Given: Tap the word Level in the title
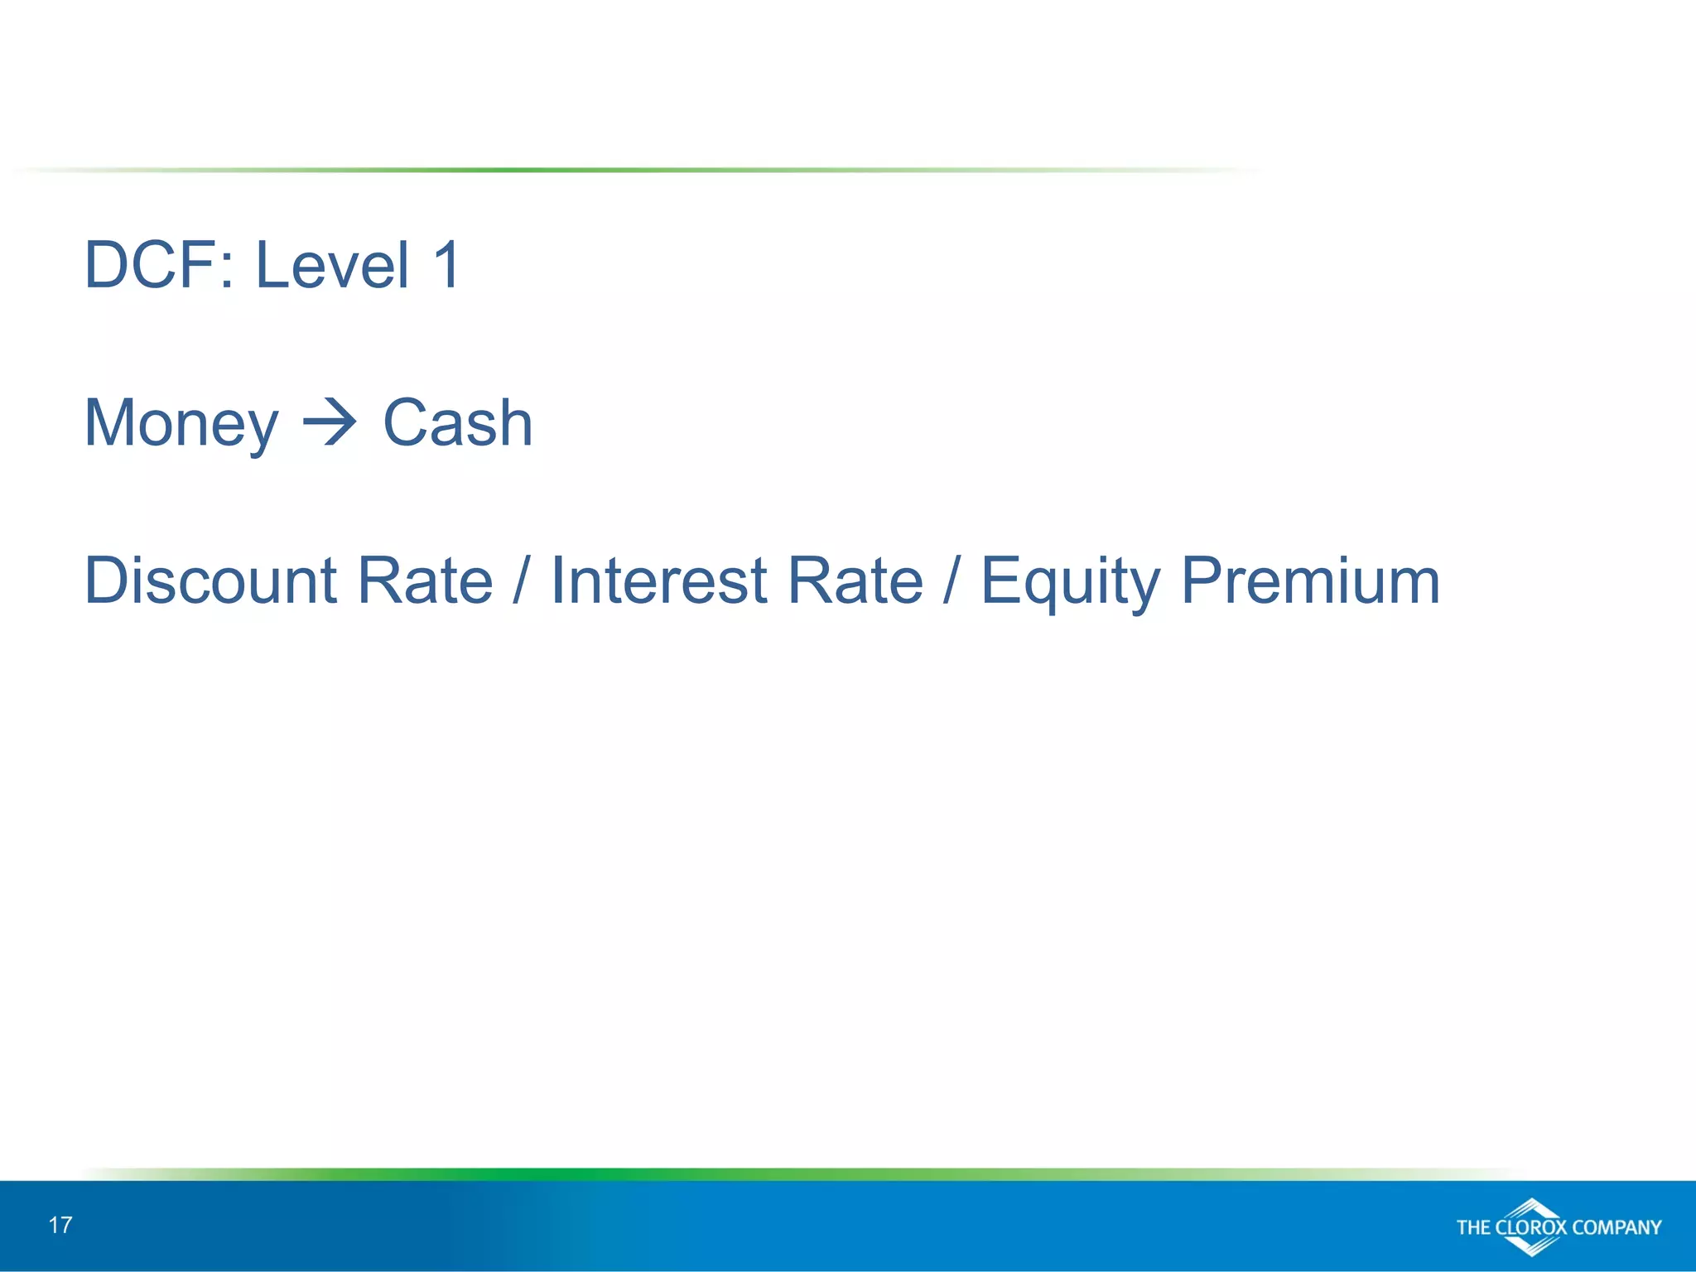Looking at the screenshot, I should (x=331, y=265).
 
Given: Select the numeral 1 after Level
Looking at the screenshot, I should (x=447, y=265).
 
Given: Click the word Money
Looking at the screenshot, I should (x=181, y=424).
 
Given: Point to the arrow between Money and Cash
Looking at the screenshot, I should (x=330, y=424).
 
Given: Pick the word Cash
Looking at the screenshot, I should (x=457, y=422).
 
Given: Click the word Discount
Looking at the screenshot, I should (x=210, y=581).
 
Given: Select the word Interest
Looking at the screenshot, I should (x=659, y=581).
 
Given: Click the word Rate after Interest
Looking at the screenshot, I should (x=855, y=581).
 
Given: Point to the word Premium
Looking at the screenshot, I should (x=1310, y=581).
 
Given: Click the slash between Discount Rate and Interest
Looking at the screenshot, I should (x=520, y=581).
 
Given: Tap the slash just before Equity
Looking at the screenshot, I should (x=951, y=581).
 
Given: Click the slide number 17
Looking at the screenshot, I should (x=60, y=1225).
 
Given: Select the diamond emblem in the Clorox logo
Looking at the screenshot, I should (x=1532, y=1225).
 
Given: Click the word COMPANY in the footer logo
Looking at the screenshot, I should (x=1616, y=1227).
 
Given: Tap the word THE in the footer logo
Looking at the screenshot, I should (x=1474, y=1227).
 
